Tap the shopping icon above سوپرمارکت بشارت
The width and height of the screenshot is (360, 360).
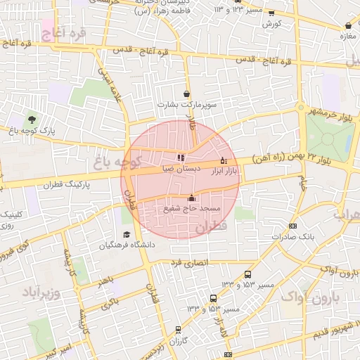[x=186, y=94]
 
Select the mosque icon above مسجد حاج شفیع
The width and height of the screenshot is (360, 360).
[x=191, y=198]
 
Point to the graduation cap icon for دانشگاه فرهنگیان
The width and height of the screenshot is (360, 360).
[x=127, y=235]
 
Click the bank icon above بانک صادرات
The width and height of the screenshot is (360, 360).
[x=292, y=226]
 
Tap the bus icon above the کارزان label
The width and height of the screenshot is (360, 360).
[x=178, y=328]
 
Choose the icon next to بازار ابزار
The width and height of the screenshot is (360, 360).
[x=224, y=160]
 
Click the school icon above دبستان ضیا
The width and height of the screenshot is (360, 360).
[x=181, y=157]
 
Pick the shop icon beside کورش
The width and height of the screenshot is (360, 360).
[x=269, y=12]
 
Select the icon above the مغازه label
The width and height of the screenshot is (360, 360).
[x=347, y=27]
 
